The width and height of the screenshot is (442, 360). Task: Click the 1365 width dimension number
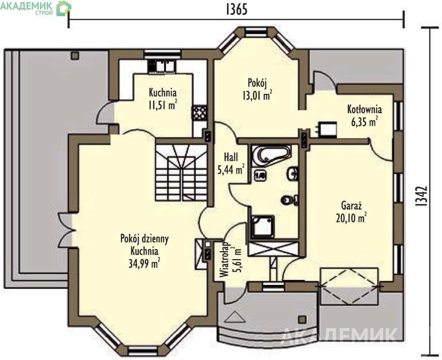[237, 9]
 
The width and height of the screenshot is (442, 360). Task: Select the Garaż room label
[351, 205]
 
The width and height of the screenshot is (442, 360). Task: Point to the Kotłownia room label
[364, 109]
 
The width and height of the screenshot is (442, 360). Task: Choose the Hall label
[231, 157]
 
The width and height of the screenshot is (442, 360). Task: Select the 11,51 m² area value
[163, 105]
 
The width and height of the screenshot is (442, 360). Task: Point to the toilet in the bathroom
[290, 200]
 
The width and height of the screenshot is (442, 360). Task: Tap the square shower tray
[263, 226]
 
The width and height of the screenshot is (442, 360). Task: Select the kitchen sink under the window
[161, 66]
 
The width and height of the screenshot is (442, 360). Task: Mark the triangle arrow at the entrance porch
[236, 317]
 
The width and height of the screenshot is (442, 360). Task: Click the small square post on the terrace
[75, 56]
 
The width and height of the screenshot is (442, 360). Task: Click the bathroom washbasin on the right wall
[292, 174]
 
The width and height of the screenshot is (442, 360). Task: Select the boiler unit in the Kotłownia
[327, 130]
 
